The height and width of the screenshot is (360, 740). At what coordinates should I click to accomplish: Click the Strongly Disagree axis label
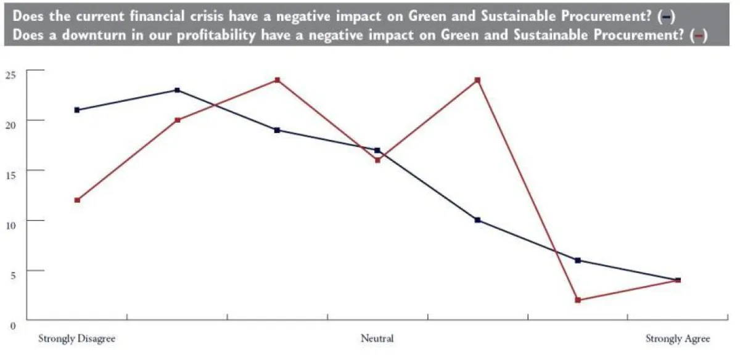(77, 339)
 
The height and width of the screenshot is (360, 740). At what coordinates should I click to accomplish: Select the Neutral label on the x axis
(377, 339)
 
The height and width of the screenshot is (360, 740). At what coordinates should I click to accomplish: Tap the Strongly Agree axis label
(678, 339)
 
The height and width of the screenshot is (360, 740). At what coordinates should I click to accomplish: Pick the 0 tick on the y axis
(12, 321)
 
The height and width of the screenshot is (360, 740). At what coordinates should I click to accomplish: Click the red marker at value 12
(77, 200)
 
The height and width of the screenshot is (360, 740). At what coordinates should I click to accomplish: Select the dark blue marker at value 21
(77, 110)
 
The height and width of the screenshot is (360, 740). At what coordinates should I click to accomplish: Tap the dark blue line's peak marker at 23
(177, 90)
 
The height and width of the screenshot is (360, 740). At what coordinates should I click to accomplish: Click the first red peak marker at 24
(277, 80)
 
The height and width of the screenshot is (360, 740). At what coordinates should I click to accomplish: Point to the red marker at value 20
(177, 120)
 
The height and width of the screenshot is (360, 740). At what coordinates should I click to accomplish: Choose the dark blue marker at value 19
(277, 130)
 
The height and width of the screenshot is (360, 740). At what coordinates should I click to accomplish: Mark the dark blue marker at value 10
(477, 220)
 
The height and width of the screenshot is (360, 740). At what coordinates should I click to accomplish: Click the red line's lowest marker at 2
(578, 300)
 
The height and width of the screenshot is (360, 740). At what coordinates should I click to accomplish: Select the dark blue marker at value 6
(578, 260)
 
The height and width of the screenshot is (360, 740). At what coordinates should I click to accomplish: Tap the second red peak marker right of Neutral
(477, 80)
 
